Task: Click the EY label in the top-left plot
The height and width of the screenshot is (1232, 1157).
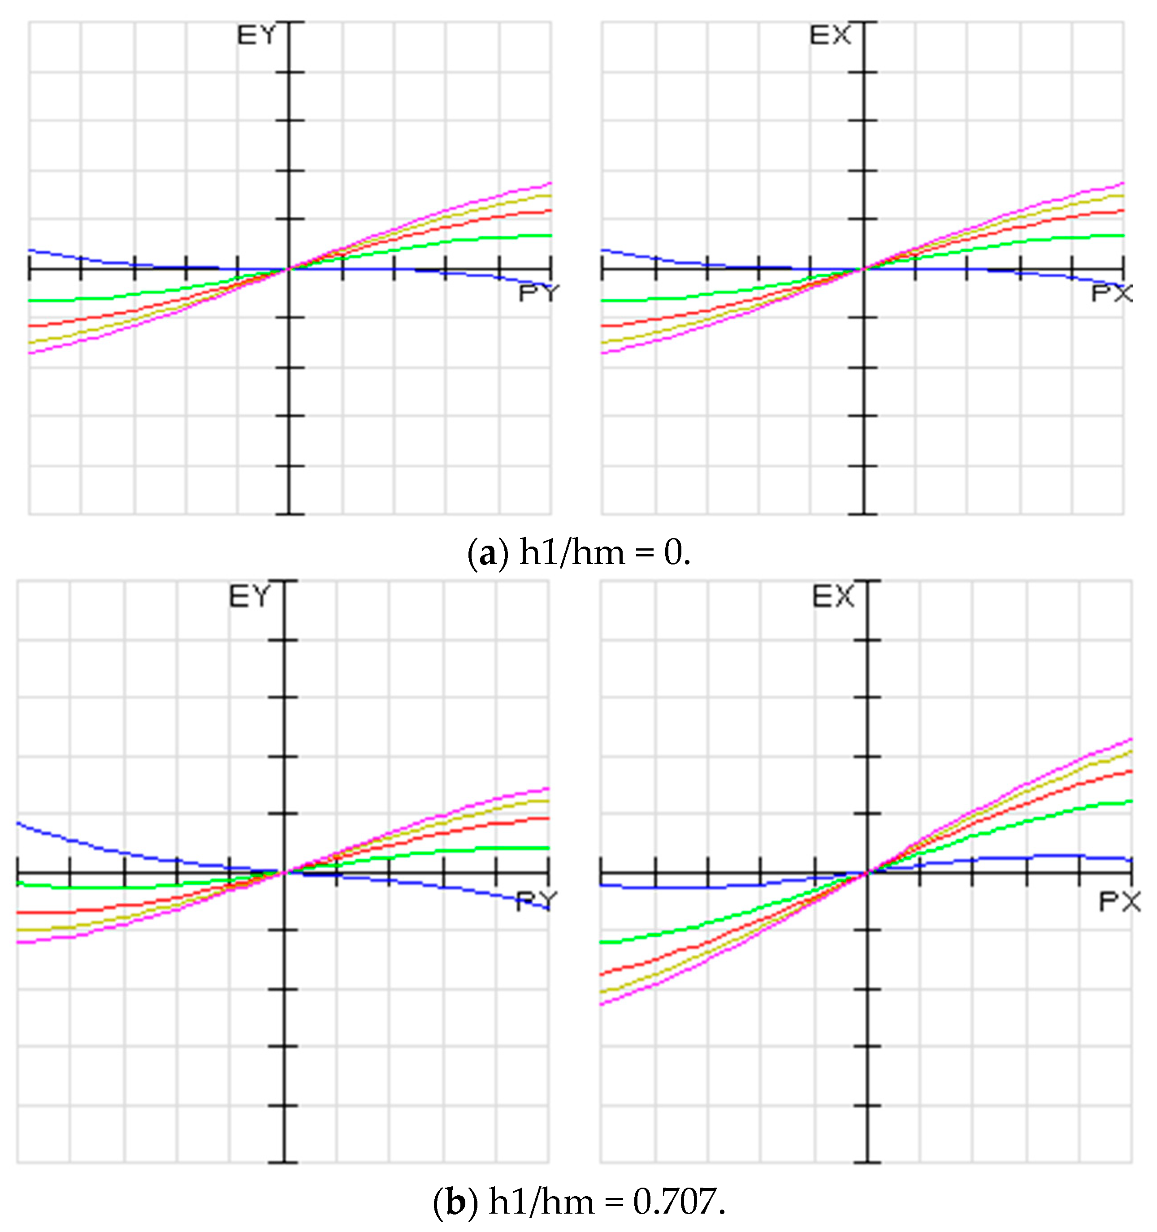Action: [256, 36]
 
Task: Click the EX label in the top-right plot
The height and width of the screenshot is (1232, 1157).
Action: [830, 36]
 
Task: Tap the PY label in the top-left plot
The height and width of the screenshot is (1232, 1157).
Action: [538, 293]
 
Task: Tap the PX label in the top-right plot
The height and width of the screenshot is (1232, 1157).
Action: [1112, 293]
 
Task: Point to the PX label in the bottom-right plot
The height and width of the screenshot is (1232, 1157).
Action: [1120, 902]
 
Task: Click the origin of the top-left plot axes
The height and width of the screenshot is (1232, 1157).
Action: [288, 269]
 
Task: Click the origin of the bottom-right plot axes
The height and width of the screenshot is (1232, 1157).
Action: [867, 873]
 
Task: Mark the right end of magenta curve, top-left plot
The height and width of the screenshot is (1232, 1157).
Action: [550, 183]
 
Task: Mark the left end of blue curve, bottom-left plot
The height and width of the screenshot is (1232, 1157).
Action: [18, 823]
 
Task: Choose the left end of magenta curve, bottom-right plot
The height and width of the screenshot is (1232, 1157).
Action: [602, 1004]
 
